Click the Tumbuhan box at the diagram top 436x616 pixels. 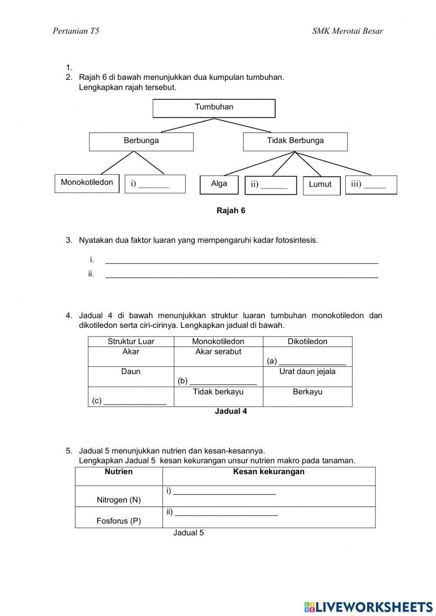[214, 108]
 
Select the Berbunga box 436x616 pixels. [141, 142]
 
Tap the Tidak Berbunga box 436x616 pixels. [295, 142]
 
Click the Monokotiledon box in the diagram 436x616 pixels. [87, 183]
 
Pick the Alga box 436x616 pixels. [219, 184]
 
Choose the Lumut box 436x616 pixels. [321, 185]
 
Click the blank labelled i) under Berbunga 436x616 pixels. [155, 184]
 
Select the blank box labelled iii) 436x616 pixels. [371, 185]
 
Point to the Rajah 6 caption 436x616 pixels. [231, 211]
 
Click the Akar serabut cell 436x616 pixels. [218, 352]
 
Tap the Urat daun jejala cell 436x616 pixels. [307, 372]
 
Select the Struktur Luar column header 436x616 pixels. [131, 341]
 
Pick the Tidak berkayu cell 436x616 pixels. [218, 392]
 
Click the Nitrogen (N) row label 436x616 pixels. [119, 500]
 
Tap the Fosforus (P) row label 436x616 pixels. [119, 521]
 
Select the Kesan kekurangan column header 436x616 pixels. [269, 472]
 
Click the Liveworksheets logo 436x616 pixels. [368, 606]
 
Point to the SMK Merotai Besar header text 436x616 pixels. [347, 31]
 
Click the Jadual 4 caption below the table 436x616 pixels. [231, 411]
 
